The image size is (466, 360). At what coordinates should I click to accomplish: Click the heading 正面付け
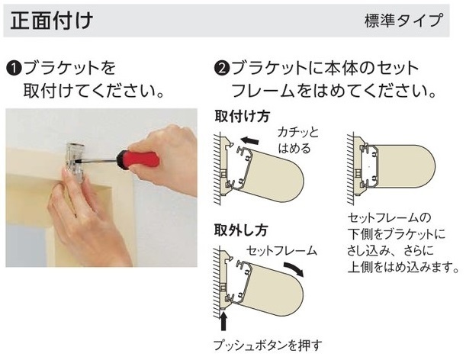52,21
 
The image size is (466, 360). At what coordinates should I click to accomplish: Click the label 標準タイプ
404,21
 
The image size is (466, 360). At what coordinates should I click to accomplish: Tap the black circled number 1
14,69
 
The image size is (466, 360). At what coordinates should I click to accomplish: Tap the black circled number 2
222,69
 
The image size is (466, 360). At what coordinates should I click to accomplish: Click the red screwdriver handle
138,159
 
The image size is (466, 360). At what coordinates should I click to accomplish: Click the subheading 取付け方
242,117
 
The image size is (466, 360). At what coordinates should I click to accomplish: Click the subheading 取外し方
241,230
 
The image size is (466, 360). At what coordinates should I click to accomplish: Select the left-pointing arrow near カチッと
249,140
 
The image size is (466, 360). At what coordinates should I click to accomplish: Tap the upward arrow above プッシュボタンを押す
223,322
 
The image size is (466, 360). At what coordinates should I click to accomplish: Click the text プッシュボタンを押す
268,346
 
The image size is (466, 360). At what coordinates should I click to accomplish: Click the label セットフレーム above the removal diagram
281,251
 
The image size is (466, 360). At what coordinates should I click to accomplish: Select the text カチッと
298,133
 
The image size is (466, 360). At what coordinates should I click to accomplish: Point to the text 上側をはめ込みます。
403,267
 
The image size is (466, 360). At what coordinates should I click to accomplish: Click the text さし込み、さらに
390,251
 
